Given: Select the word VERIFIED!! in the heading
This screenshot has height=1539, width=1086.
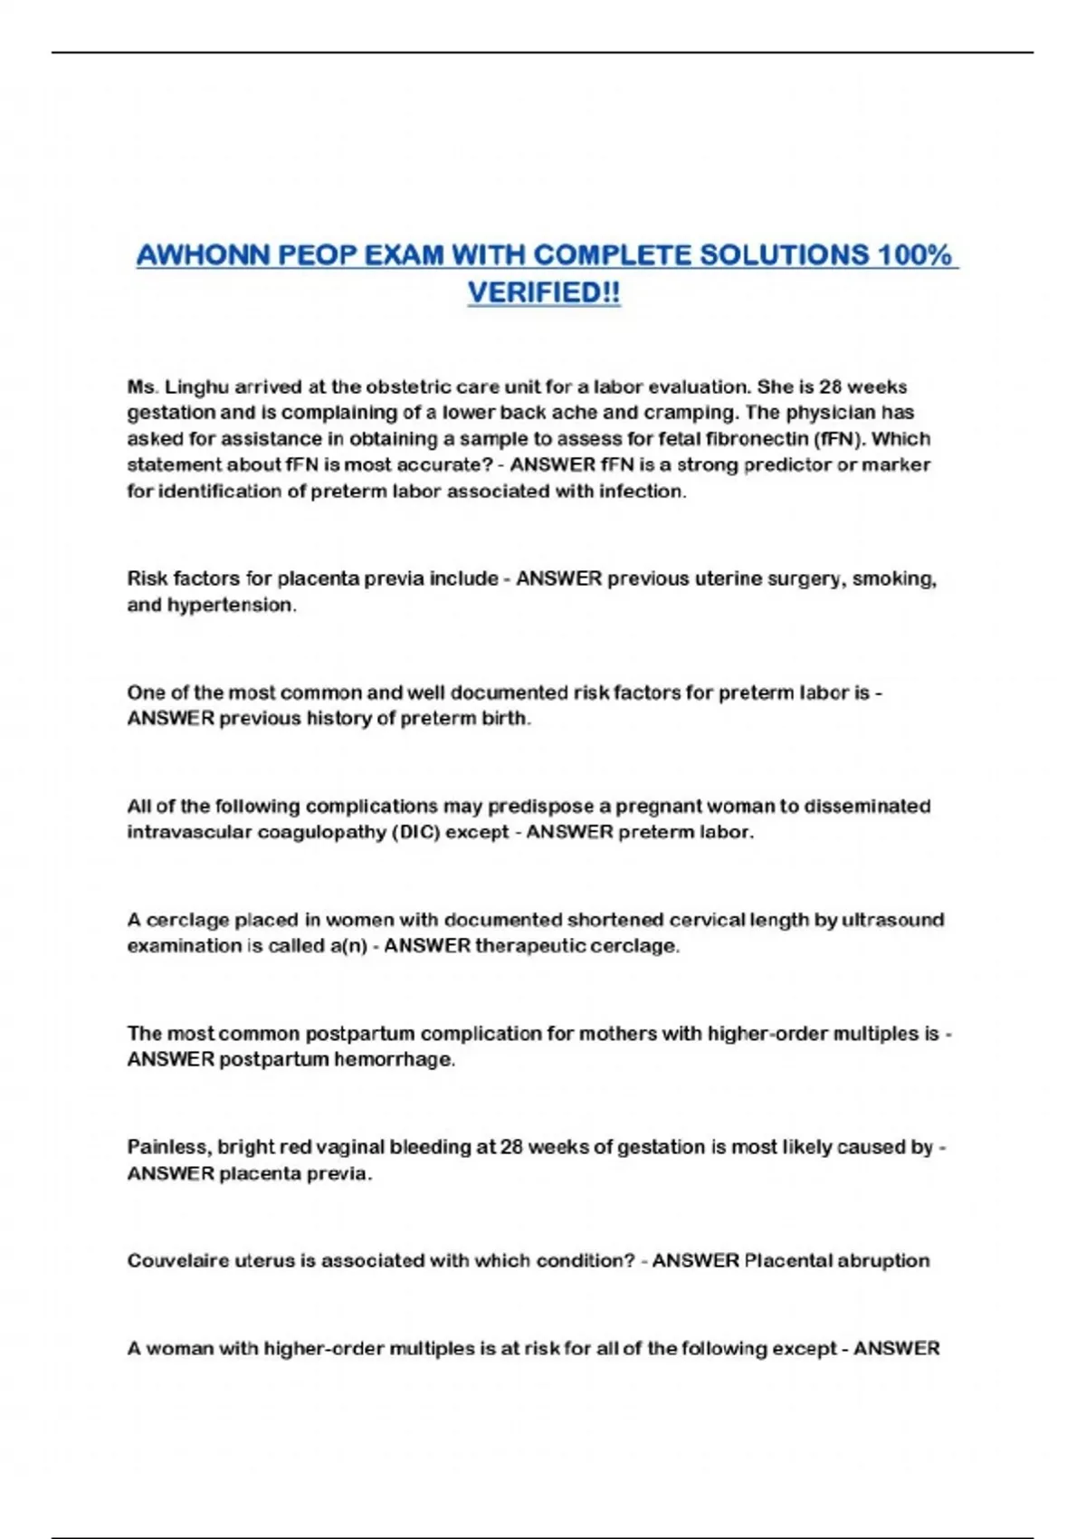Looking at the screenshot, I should pyautogui.click(x=544, y=292).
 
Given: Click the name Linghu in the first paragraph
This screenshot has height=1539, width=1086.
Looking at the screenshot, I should pyautogui.click(x=196, y=387).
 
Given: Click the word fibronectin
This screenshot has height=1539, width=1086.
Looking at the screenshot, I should pyautogui.click(x=757, y=439).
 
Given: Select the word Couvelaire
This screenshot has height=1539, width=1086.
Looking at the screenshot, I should pyautogui.click(x=178, y=1261).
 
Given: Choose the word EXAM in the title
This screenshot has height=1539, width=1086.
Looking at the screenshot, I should pyautogui.click(x=402, y=255).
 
